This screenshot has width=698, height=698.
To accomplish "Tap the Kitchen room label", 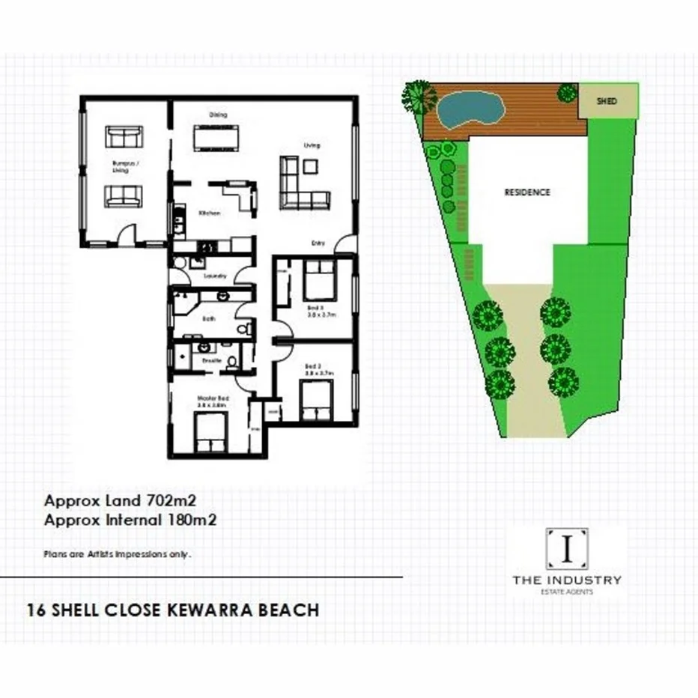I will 209,213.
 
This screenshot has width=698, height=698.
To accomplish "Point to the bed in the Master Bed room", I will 210,435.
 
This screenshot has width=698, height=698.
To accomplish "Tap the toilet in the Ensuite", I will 232,361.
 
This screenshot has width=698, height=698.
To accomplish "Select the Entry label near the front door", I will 318,242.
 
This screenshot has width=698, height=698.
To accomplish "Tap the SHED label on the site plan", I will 607,100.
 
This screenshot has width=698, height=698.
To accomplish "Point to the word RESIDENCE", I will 527,192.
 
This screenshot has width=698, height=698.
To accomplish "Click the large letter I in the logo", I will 566,549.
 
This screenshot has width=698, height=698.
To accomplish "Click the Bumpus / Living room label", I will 121,167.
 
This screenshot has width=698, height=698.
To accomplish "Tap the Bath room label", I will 209,318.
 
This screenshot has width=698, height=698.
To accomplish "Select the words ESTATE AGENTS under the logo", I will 566,592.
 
